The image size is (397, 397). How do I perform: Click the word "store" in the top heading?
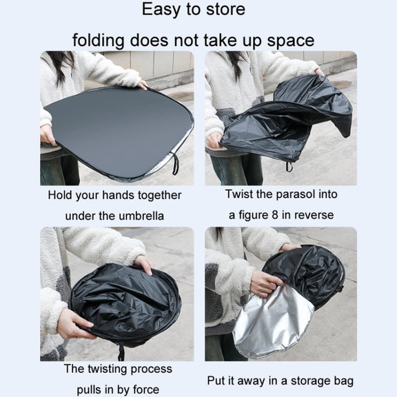coord(225,10)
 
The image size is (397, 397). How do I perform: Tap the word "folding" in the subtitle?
coord(99,41)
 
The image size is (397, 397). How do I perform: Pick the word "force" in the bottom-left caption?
coord(146,389)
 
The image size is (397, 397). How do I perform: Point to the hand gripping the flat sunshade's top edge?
coord(142,85)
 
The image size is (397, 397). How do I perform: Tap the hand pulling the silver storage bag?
coord(265,283)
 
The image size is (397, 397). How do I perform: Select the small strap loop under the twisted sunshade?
coord(289,166)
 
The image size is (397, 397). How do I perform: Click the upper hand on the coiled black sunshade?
coord(143,265)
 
